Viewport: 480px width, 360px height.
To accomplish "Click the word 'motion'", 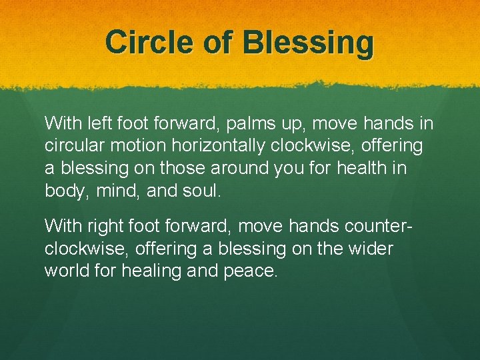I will point(125,145).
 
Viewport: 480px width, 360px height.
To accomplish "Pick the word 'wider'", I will point(373,249).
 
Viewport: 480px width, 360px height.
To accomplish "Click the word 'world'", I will point(65,271).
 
